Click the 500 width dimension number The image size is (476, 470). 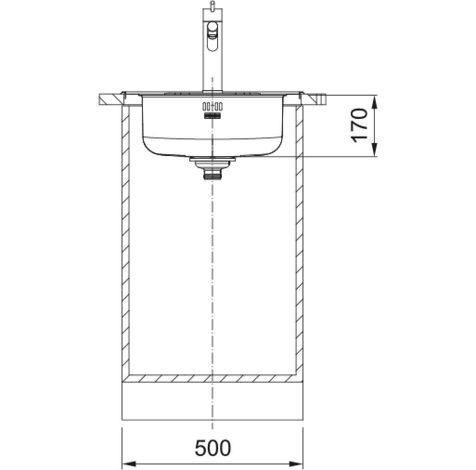[212, 448]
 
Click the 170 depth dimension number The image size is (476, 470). [359, 125]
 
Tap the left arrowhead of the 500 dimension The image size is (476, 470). [129, 464]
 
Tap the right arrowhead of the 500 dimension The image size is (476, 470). [296, 464]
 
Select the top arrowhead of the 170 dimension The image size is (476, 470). [374, 102]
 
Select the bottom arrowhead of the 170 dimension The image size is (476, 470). [374, 150]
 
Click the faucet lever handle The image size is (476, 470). [212, 37]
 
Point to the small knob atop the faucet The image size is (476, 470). [212, 5]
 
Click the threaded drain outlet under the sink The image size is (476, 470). [212, 174]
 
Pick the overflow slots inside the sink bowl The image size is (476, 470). [212, 106]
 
